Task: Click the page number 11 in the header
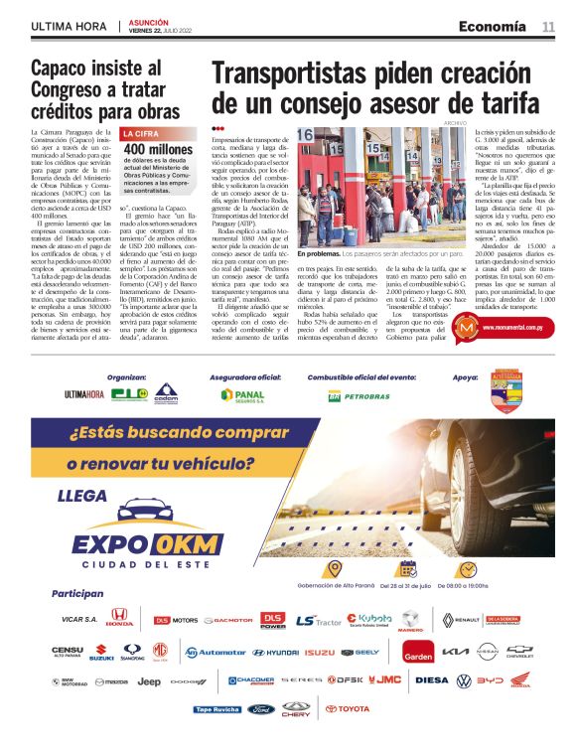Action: point(548,26)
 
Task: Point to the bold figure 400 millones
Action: point(158,148)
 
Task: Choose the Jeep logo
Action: point(149,681)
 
